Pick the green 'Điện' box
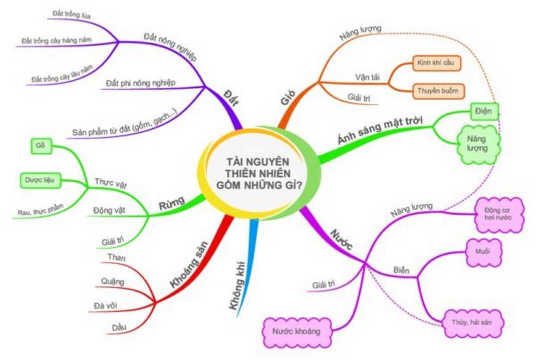tap(484, 112)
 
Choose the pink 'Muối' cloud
tap(483, 251)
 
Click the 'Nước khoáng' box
tap(298, 331)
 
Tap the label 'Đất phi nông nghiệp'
tap(141, 82)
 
